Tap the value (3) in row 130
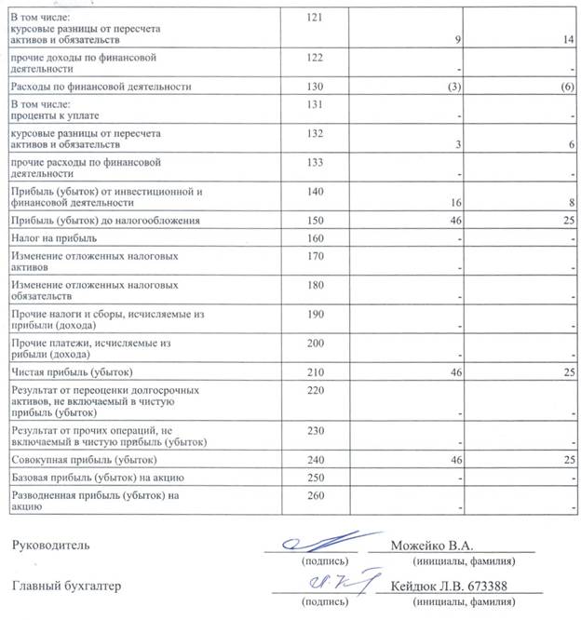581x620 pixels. [x=454, y=87]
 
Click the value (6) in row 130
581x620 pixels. [x=567, y=87]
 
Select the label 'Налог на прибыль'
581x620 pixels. [x=53, y=238]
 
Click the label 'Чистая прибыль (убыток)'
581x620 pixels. [x=72, y=371]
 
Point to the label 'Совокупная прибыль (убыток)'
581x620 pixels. [x=83, y=461]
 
